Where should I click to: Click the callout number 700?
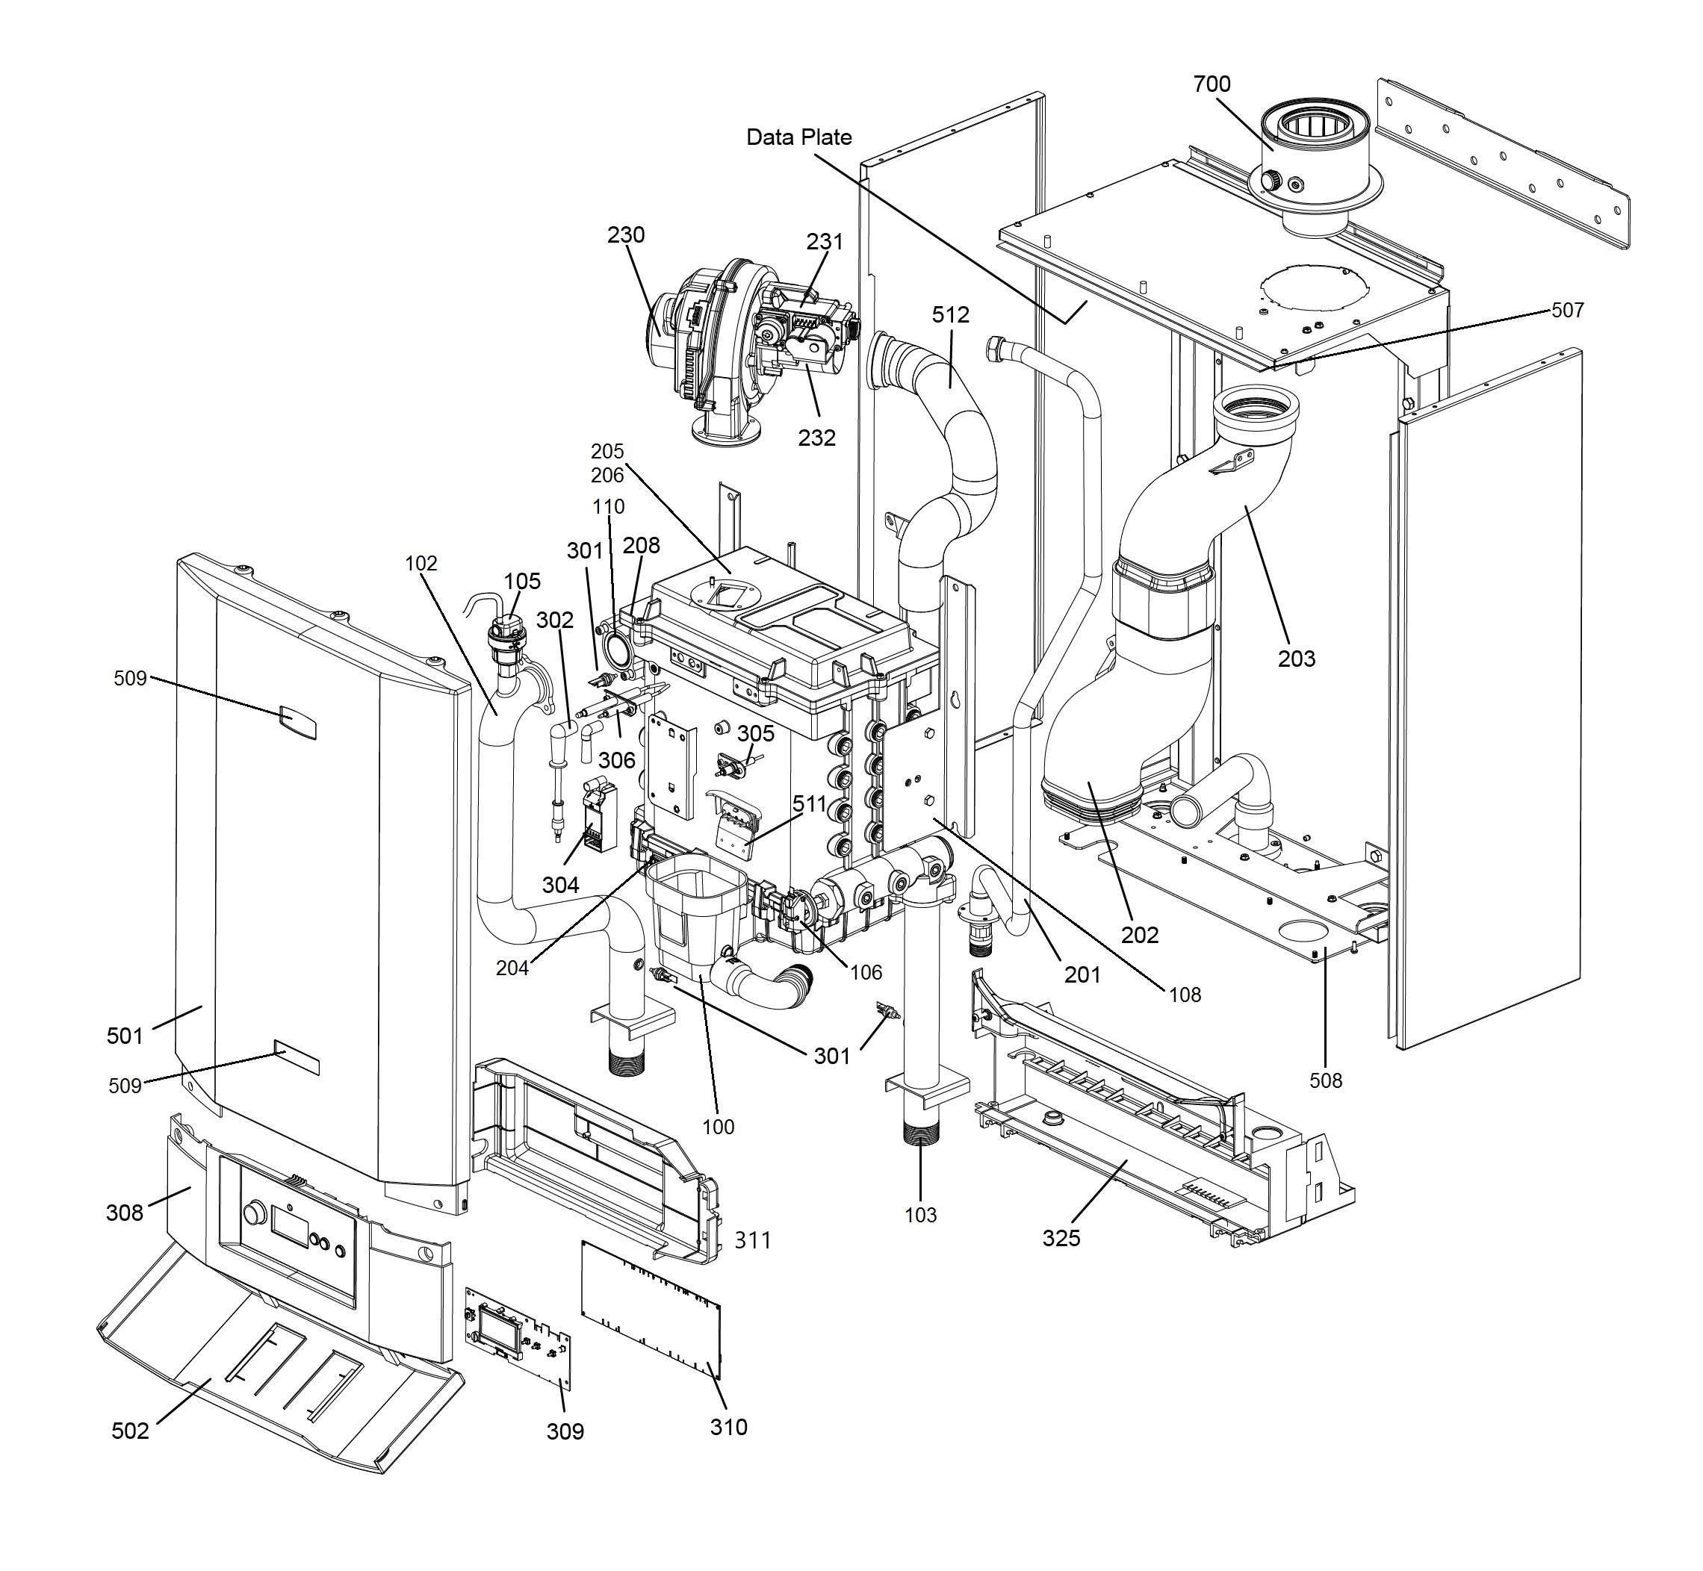(x=1212, y=84)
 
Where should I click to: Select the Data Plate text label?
(x=798, y=137)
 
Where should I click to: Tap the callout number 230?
(x=626, y=234)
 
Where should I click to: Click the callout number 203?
(x=1297, y=658)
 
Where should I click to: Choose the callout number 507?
(x=1568, y=311)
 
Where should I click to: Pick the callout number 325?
(x=1061, y=1238)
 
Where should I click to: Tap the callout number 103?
(x=920, y=1216)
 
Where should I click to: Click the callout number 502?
(x=130, y=1431)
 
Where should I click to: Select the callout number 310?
(x=729, y=1426)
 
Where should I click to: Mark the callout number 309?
(x=565, y=1431)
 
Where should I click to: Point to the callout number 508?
(x=1326, y=1080)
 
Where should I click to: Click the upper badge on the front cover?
(x=297, y=723)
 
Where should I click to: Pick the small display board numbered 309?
(x=517, y=1340)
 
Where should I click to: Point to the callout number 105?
(x=522, y=581)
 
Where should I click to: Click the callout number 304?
(x=560, y=885)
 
